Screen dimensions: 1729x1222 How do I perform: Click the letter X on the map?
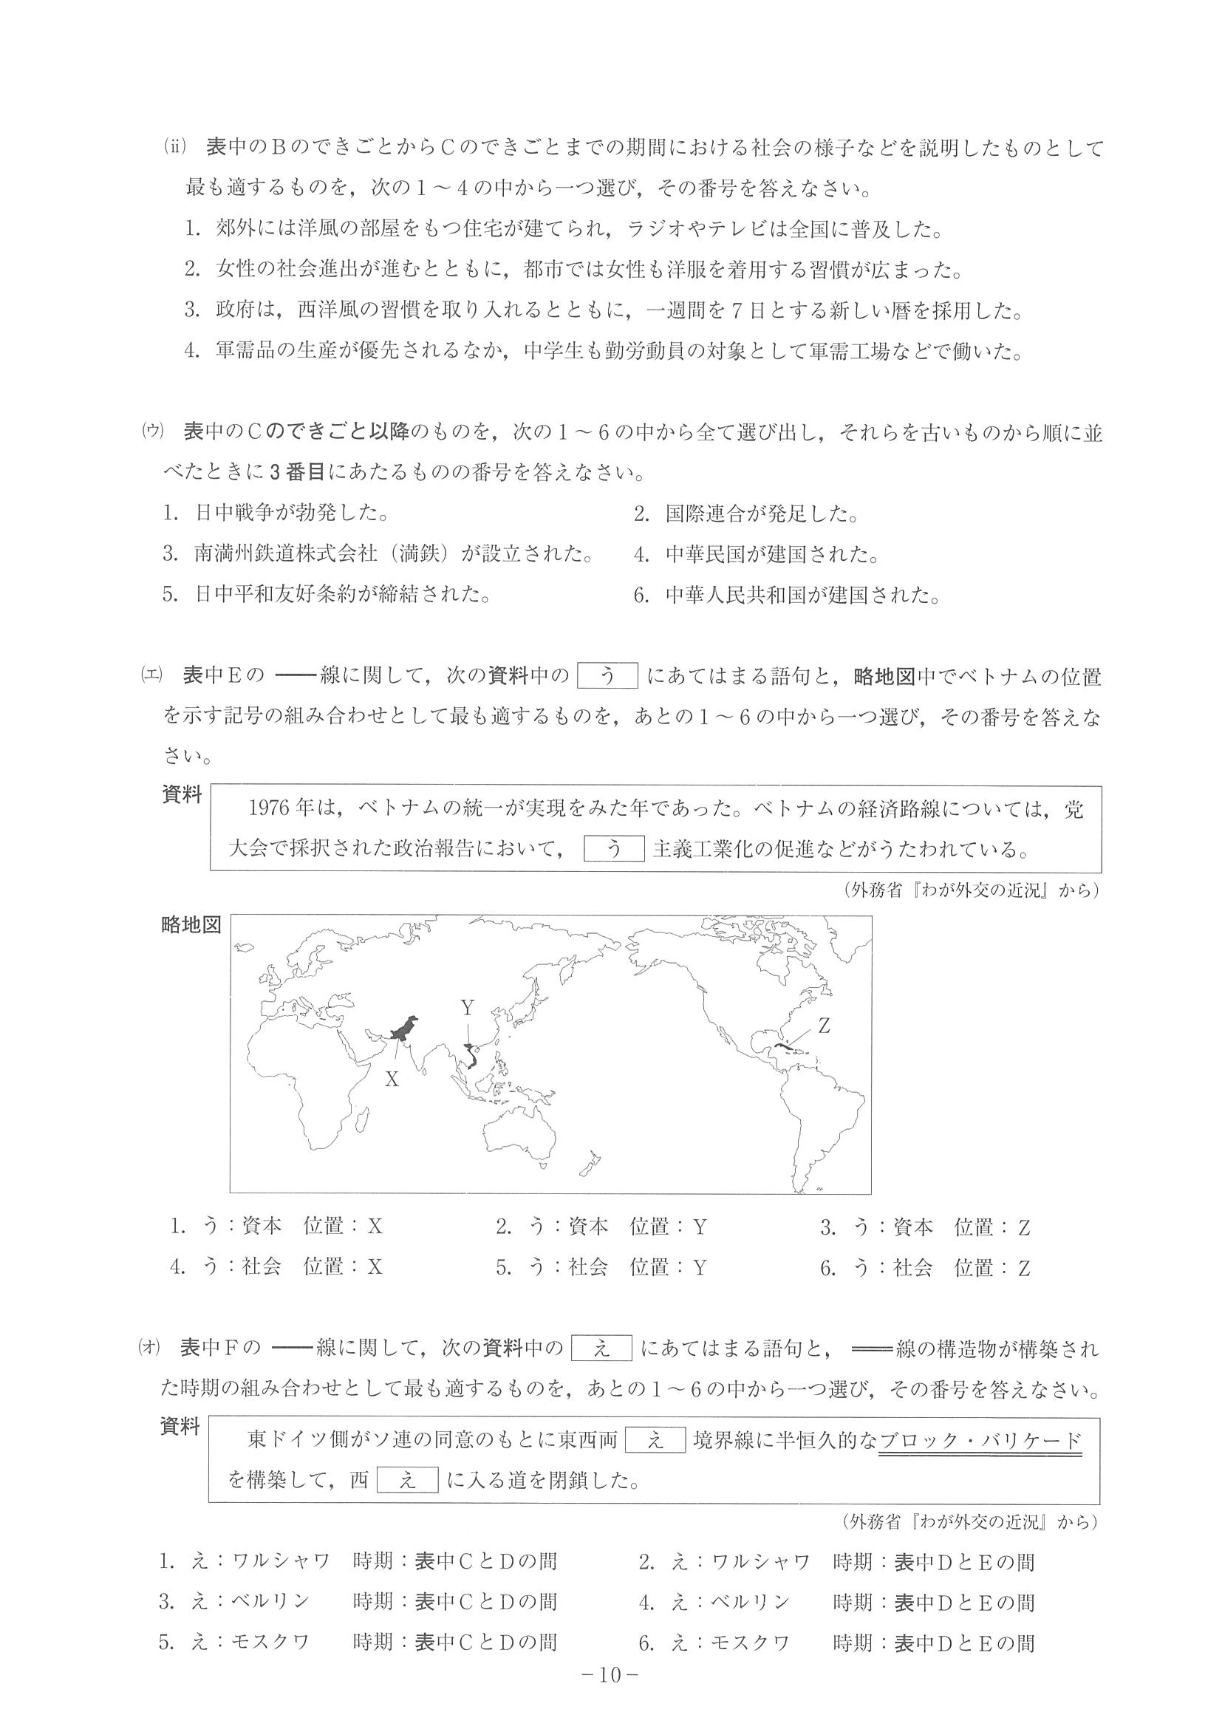392,1079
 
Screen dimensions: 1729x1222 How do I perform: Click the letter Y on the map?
468,1008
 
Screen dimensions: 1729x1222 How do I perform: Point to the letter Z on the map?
824,1026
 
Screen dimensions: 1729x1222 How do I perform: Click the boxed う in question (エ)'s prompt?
607,676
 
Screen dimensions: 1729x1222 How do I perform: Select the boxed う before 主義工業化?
614,849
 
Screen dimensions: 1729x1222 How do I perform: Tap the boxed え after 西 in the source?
406,1481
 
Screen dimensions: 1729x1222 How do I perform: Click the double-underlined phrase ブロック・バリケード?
980,1441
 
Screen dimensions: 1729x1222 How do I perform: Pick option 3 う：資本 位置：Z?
925,1227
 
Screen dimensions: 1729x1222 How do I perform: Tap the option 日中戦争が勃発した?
276,514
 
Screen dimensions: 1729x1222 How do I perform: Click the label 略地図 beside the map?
191,926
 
